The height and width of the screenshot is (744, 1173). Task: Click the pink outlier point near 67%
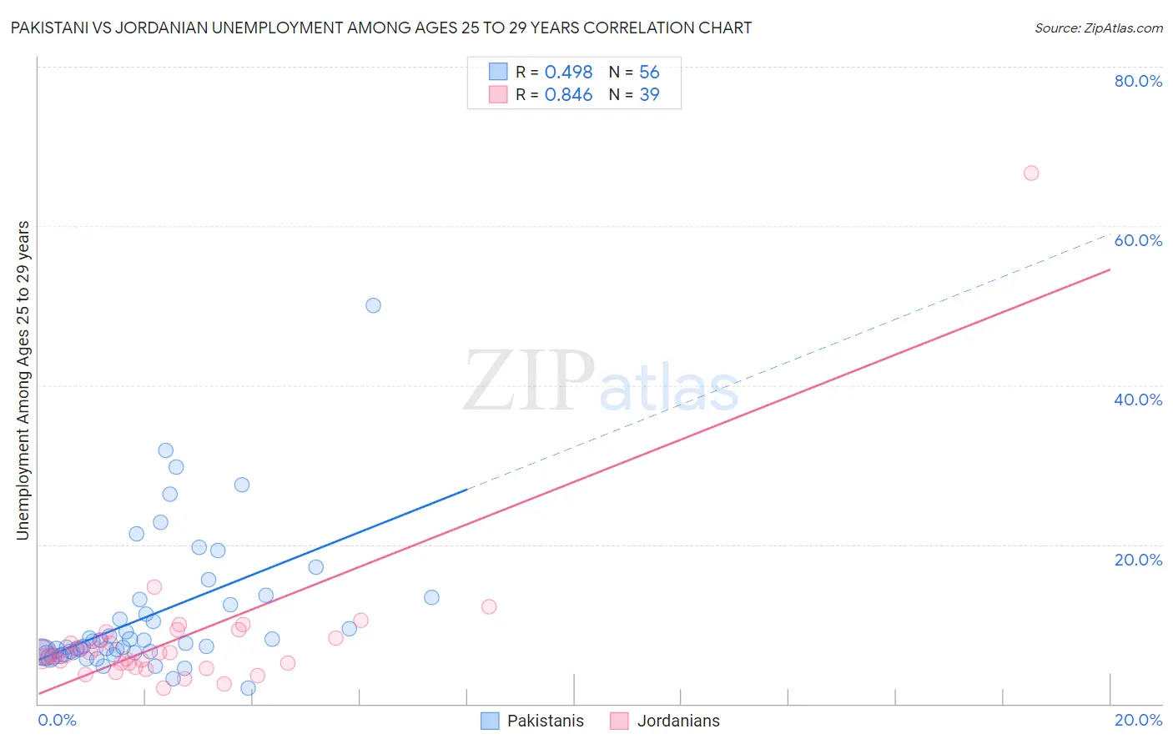click(1031, 173)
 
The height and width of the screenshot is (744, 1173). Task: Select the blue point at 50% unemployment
click(373, 305)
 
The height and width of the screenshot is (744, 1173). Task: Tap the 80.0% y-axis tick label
click(1138, 81)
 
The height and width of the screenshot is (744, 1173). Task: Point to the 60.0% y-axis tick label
click(1138, 240)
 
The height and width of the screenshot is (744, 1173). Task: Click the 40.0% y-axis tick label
click(1138, 400)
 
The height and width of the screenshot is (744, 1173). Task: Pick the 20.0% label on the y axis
click(1138, 560)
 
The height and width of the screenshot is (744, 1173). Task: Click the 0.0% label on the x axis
click(57, 720)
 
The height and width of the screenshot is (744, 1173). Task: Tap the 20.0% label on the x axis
click(1138, 720)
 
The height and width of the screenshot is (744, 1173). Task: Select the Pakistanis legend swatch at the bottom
click(491, 721)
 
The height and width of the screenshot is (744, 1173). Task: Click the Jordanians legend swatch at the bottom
click(619, 721)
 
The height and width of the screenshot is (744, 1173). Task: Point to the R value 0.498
click(568, 73)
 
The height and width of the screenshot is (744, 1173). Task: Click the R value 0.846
click(568, 95)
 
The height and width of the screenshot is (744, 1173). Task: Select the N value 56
click(649, 73)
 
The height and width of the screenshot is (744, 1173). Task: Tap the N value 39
click(649, 95)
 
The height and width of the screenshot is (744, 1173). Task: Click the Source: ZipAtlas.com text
click(1098, 28)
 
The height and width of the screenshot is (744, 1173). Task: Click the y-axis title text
click(23, 380)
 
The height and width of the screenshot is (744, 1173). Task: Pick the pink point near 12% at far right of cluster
click(489, 606)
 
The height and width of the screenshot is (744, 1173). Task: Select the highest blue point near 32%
click(166, 450)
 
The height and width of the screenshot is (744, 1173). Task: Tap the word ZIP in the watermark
click(529, 381)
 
